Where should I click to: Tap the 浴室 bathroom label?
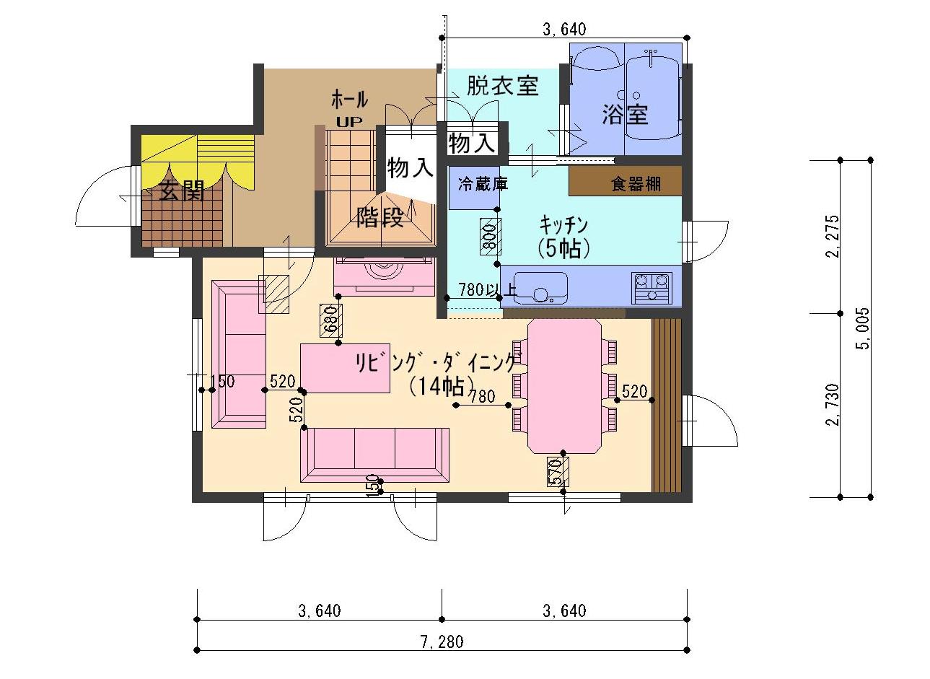[x=625, y=115]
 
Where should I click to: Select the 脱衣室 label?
[x=503, y=86]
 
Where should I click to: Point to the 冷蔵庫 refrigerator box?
[x=474, y=188]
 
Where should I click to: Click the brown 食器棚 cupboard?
[x=626, y=180]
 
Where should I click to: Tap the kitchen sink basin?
[x=540, y=289]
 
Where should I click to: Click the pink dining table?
[x=564, y=386]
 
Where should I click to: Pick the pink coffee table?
[x=345, y=368]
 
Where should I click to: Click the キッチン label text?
[x=563, y=226]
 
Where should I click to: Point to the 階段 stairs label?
[x=380, y=217]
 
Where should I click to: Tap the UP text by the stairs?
[x=348, y=122]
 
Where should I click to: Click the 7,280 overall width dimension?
[x=442, y=641]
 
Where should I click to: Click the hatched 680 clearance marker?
[x=331, y=320]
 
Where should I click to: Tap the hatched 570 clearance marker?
[x=558, y=471]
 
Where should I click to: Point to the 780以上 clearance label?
[x=488, y=289]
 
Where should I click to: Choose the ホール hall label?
[x=349, y=100]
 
